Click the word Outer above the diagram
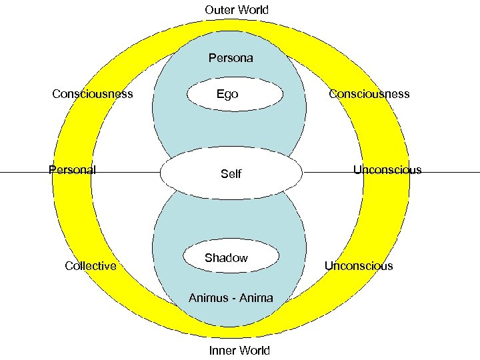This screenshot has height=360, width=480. pos(219,10)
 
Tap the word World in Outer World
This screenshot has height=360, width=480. pos(254,10)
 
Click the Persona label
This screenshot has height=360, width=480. pos(231,58)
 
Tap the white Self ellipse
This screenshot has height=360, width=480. pos(231,173)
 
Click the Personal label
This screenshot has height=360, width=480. pos(73,169)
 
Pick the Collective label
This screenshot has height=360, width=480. pos(91,266)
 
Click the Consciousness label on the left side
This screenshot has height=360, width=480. pos(93,94)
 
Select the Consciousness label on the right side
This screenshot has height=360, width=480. pos(369,94)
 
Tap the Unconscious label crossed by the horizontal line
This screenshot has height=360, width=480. pos(387,169)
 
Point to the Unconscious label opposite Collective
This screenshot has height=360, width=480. pos(359,266)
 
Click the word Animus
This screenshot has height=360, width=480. pos(209,298)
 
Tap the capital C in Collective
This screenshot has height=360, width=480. pos(69,266)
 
